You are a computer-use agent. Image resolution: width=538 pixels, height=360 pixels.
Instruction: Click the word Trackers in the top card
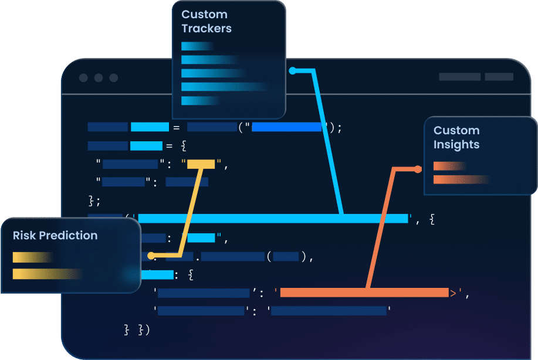coord(207,29)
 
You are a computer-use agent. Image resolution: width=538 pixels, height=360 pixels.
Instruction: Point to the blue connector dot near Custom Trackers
coord(293,71)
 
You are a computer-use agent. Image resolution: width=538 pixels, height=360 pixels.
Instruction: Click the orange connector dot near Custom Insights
coord(418,169)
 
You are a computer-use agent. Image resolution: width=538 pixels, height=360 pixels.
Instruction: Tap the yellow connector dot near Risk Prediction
coord(151,256)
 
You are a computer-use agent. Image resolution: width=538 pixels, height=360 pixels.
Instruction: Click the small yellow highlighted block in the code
coord(201,164)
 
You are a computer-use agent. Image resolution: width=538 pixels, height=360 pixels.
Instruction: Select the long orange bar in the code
coord(364,293)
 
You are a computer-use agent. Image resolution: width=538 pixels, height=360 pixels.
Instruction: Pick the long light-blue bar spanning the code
coord(273,219)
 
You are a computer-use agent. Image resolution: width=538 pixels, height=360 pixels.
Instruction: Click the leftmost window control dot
coord(83,78)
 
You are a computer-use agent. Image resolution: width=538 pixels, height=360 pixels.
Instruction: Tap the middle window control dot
coord(99,78)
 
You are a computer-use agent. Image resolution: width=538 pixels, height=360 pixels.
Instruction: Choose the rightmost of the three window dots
coord(114,78)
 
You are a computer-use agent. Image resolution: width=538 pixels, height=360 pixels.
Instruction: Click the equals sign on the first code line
coord(175,127)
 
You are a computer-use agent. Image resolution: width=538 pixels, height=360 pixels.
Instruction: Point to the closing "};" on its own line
coord(94,201)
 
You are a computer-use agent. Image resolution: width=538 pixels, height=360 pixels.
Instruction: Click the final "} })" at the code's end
coord(137,330)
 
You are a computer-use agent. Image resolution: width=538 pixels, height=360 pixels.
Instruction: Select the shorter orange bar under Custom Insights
coord(449,166)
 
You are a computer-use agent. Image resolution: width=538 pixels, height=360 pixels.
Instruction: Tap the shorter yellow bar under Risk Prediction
coord(32,257)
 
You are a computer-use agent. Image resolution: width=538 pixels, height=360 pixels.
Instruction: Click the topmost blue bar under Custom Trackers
coord(197,46)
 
